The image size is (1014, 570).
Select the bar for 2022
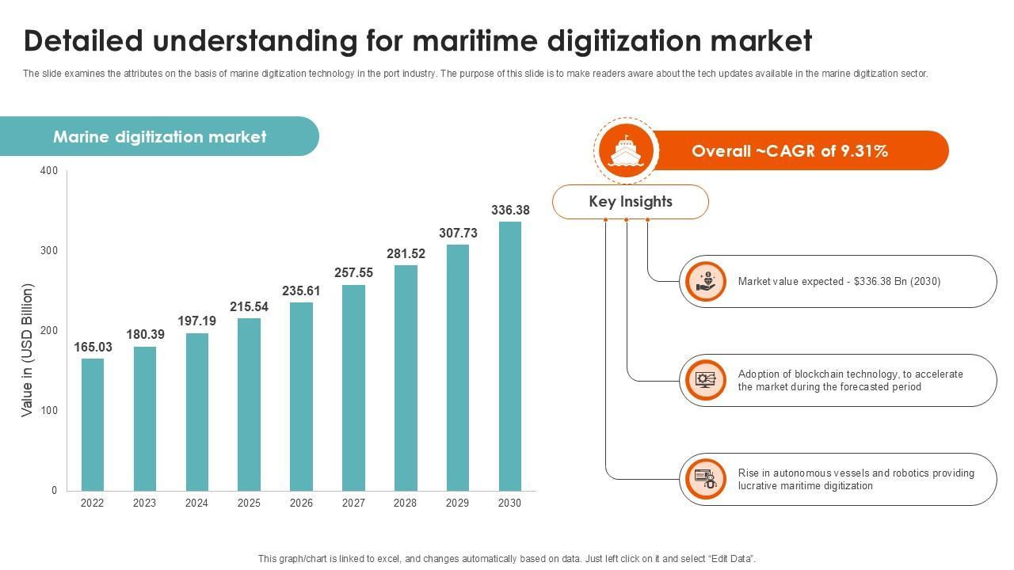tap(93, 424)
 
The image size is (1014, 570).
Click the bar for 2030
tap(510, 356)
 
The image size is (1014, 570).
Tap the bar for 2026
tap(301, 396)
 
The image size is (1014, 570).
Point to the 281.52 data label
tap(406, 253)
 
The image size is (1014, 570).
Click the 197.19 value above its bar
tap(196, 321)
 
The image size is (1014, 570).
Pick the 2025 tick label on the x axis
tap(249, 503)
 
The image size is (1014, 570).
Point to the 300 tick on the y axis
tap(49, 250)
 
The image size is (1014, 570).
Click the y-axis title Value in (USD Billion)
tap(28, 350)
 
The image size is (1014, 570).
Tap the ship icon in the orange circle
tap(626, 150)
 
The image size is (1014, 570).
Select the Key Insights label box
tap(631, 202)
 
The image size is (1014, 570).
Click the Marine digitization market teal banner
tap(159, 137)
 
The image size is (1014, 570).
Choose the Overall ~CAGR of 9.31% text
tap(790, 151)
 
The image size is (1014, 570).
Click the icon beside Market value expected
tap(705, 281)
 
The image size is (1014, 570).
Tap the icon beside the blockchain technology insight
tap(705, 380)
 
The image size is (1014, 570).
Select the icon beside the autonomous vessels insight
tap(705, 479)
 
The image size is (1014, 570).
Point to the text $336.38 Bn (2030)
tap(898, 281)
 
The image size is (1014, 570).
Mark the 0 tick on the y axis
tap(54, 490)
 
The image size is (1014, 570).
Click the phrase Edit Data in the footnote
tap(730, 559)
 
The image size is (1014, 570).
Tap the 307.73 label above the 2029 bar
tap(458, 233)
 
